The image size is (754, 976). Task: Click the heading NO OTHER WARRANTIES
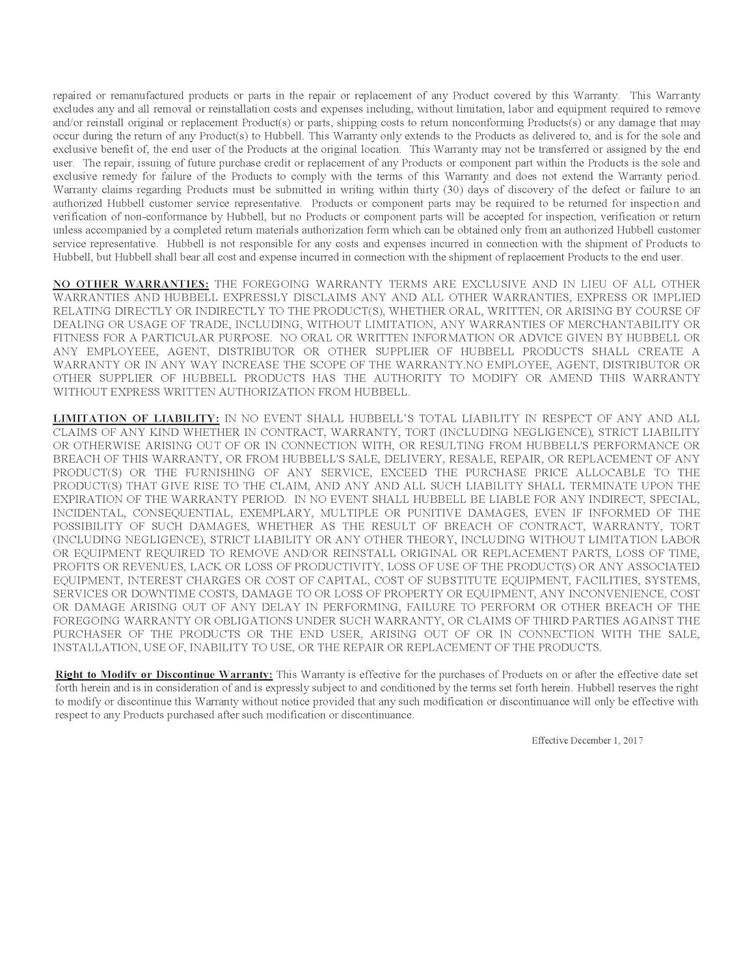(131, 284)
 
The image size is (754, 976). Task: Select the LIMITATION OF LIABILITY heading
(136, 418)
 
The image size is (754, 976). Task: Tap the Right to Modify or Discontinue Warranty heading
(164, 674)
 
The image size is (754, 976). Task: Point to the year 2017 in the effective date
(632, 740)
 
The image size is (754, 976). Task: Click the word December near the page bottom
(590, 740)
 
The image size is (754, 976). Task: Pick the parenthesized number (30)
(448, 190)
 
